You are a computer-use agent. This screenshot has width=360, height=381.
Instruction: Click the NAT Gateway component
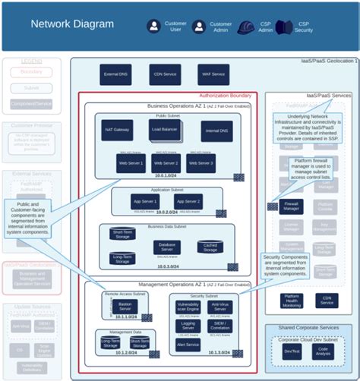tap(118, 131)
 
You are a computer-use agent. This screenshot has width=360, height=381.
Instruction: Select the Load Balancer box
tap(166, 131)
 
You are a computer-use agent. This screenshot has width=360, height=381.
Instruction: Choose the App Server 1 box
tap(144, 201)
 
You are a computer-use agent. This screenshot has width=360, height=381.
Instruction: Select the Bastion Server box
tap(125, 306)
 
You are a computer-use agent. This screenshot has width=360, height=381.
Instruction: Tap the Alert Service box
tap(188, 344)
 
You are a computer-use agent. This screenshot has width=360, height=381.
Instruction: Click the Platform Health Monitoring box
tap(292, 301)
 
